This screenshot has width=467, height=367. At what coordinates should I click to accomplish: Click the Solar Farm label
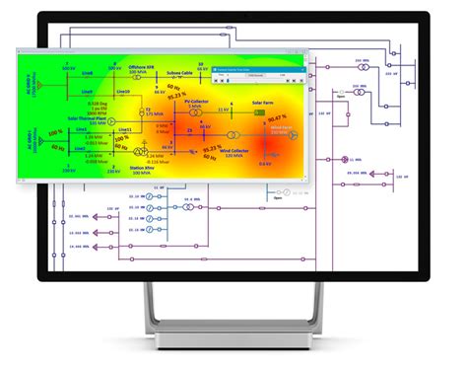(263, 102)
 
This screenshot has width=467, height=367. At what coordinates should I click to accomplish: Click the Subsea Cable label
(179, 72)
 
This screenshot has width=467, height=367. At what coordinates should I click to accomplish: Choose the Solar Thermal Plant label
(87, 118)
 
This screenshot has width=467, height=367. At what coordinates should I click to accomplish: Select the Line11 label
(124, 129)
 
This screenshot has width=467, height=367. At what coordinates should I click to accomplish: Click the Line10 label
(124, 92)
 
